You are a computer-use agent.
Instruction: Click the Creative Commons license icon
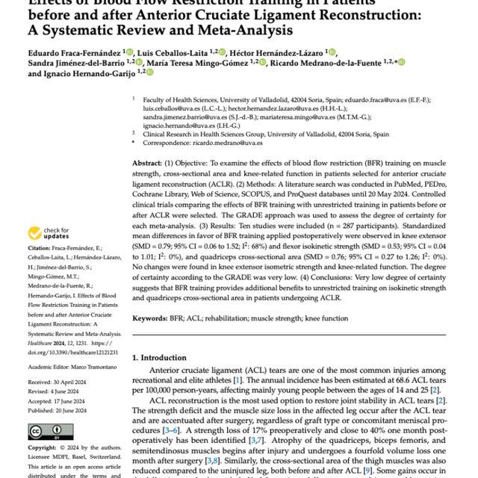pyautogui.click(x=45, y=432)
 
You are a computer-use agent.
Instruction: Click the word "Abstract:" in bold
pyautogui.click(x=152, y=162)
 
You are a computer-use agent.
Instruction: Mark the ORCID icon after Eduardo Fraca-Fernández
pyautogui.click(x=130, y=52)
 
